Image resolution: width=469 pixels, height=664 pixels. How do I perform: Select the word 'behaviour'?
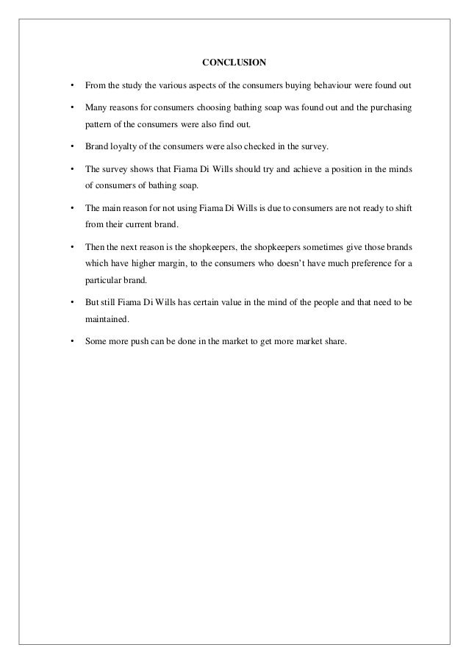pos(330,86)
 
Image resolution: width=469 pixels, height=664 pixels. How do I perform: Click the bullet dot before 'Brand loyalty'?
pos(71,146)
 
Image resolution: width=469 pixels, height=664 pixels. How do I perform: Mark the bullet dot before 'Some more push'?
pos(71,340)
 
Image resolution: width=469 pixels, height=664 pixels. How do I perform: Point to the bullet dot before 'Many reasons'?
pos(71,108)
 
